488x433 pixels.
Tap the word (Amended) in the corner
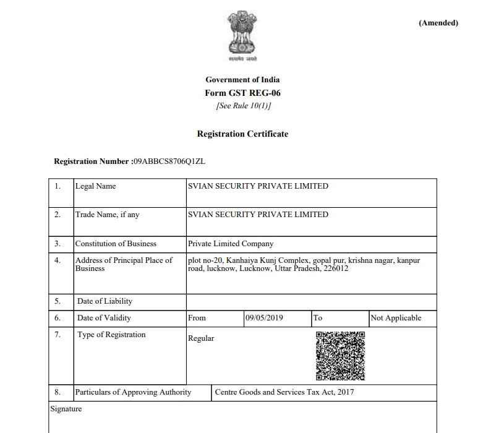coord(438,24)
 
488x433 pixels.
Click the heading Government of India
coord(242,80)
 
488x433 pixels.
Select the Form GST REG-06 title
coord(242,93)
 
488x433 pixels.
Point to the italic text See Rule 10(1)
coord(242,106)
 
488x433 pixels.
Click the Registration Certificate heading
coord(242,134)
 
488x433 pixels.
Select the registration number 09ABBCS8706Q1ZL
coord(169,161)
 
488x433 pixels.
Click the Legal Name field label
coord(95,186)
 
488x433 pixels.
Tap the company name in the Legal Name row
coord(258,186)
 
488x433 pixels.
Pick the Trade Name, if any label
coord(107,215)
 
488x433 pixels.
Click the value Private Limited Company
coord(231,244)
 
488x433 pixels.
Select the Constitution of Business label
coord(116,244)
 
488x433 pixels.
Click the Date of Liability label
coord(105,301)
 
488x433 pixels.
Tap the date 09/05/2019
coord(264,318)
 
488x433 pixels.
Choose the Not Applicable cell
coord(396,318)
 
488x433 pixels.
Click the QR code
coord(340,355)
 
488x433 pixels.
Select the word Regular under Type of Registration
coord(201,338)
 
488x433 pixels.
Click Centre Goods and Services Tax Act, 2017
coord(285,392)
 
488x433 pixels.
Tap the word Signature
coord(66,409)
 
